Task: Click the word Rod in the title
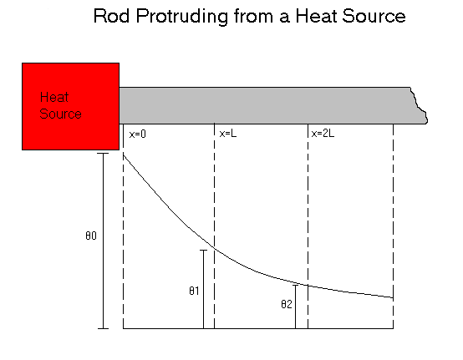coord(111,16)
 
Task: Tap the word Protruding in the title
coord(182,17)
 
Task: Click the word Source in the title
coord(374,16)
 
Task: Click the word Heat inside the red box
coord(54,97)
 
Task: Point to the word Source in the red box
coord(60,114)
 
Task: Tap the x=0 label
coord(138,134)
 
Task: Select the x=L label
coord(228,134)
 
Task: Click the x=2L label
coord(323,134)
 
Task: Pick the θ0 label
coord(91,236)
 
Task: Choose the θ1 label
coord(194,291)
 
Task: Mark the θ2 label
coord(287,304)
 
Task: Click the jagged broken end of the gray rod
coord(419,105)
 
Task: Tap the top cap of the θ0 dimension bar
coord(103,154)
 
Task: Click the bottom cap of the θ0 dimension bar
coord(103,328)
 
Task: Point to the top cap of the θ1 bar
coord(203,251)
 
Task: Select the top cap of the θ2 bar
coord(295,286)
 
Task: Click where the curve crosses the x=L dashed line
coord(215,248)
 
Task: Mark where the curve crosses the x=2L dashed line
coord(308,286)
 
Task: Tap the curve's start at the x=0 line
coord(124,155)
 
